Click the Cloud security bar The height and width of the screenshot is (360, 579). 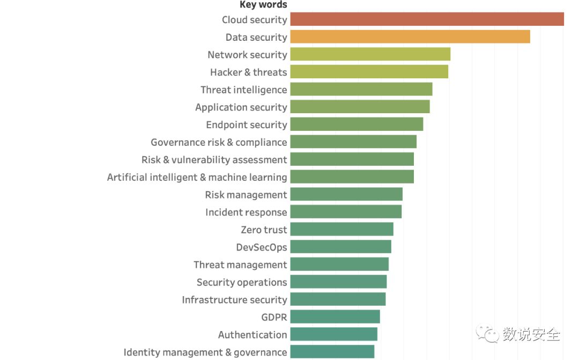(x=427, y=19)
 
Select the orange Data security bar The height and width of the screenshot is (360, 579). (x=410, y=37)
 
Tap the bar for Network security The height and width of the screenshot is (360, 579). (x=370, y=54)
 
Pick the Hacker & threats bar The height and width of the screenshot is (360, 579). (x=369, y=72)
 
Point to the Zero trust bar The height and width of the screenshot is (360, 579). (x=342, y=230)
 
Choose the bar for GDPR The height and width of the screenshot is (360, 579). (x=335, y=317)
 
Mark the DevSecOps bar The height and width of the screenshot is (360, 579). (x=340, y=247)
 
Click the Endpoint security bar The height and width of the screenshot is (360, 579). (x=357, y=124)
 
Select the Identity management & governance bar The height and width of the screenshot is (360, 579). (x=332, y=352)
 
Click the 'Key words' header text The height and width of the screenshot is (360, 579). (x=263, y=5)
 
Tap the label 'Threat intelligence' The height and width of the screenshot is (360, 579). (x=244, y=90)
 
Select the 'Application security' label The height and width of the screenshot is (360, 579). (x=241, y=107)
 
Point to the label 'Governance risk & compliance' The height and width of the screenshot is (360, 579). (x=219, y=142)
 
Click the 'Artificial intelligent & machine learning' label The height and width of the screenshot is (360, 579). (x=197, y=177)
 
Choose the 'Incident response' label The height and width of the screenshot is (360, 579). (x=246, y=212)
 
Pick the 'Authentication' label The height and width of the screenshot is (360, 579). (x=253, y=335)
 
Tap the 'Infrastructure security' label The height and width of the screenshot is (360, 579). (x=234, y=300)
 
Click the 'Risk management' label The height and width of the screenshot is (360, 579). (x=246, y=195)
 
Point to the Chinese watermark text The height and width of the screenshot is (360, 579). (x=531, y=335)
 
